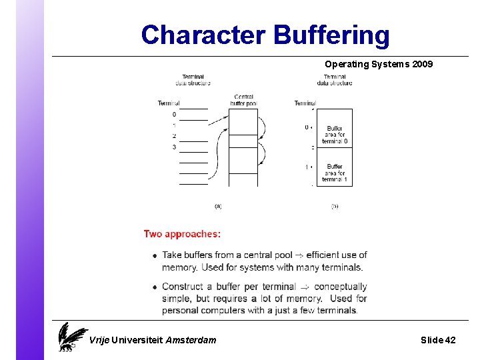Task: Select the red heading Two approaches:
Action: pos(182,234)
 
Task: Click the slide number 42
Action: pos(450,340)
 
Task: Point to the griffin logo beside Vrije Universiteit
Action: pos(71,336)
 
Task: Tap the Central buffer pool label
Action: pos(243,101)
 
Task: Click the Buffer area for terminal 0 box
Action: pos(335,135)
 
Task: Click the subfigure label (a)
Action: pos(218,207)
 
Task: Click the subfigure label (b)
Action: pos(335,207)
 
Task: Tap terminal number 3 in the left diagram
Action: pos(174,147)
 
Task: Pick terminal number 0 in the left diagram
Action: pos(174,115)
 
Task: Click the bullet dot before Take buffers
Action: pos(154,255)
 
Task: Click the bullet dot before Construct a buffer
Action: pos(154,287)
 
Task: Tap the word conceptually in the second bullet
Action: pos(341,287)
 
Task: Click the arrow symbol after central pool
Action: pos(299,255)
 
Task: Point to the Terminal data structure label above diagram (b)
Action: pos(335,80)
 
